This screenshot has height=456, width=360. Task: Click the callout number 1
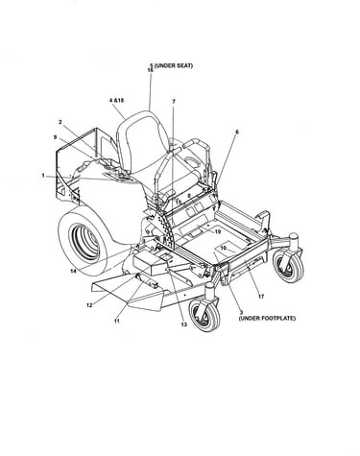[43, 175]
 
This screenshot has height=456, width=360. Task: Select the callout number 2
[60, 122]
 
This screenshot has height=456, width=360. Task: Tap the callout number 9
[56, 137]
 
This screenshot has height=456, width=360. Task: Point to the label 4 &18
[116, 101]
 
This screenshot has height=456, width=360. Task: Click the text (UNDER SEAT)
[174, 66]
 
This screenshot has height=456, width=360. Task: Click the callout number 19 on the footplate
[218, 231]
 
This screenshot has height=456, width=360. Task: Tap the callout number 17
[261, 297]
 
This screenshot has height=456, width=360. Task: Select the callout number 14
[74, 271]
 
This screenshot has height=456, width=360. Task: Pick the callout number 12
[89, 305]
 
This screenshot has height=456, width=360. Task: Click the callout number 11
[117, 321]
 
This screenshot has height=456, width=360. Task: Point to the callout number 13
[183, 324]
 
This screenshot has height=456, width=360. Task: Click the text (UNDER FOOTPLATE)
[267, 319]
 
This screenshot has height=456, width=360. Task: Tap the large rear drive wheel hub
[84, 242]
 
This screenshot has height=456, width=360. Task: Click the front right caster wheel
[288, 265]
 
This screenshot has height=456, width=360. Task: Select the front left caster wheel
[204, 313]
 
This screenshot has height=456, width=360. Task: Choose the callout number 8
[189, 195]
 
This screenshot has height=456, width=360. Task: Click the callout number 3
[241, 312]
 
